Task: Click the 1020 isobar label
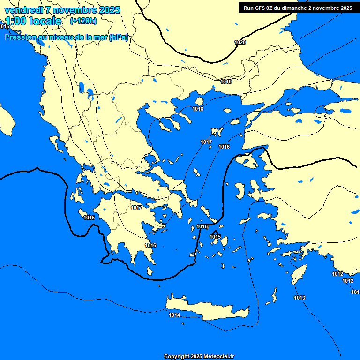(x=240, y=43)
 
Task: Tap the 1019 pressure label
(x=226, y=82)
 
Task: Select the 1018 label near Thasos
(x=198, y=109)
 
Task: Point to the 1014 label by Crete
(x=174, y=315)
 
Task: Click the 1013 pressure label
(x=300, y=298)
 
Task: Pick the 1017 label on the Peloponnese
(x=136, y=208)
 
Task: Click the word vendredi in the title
(x=23, y=10)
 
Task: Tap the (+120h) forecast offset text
(x=83, y=21)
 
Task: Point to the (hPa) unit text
(x=118, y=37)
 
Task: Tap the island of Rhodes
(x=298, y=275)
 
